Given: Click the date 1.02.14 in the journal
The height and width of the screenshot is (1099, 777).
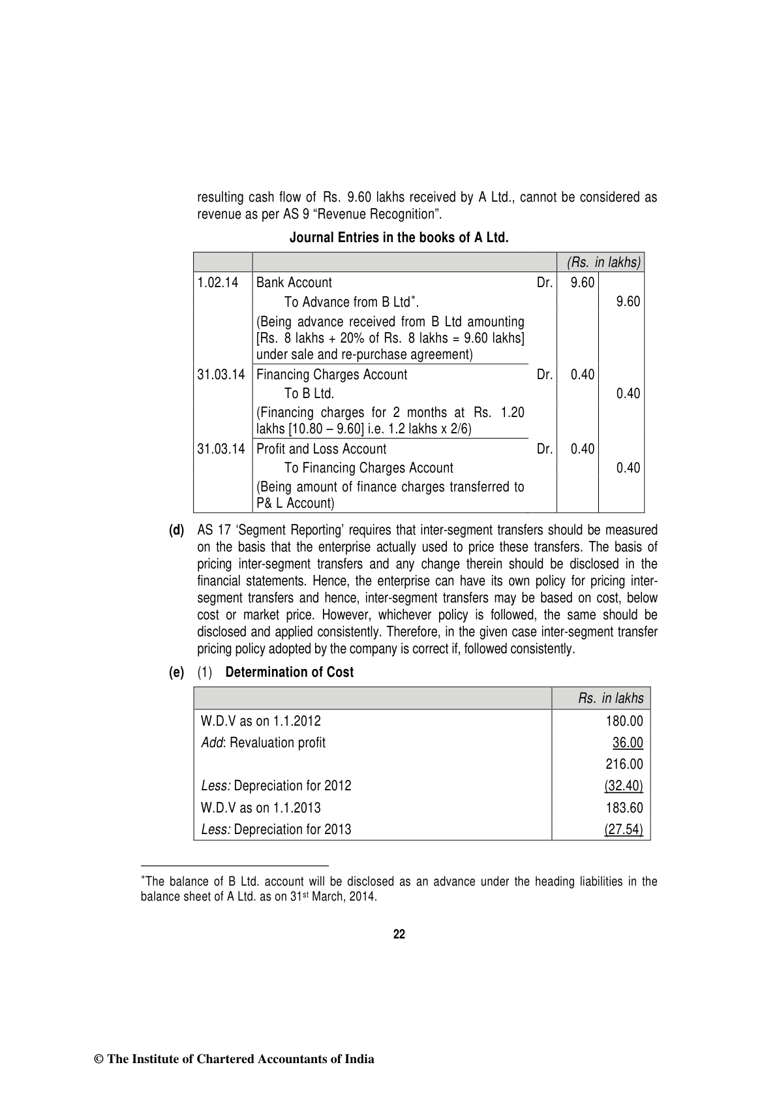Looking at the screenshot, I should tap(219, 283).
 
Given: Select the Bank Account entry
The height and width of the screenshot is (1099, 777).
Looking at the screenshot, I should tap(294, 283).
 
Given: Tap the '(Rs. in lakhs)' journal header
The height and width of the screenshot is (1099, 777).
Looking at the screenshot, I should tap(603, 262).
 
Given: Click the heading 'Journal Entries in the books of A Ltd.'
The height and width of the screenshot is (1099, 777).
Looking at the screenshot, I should tap(399, 238).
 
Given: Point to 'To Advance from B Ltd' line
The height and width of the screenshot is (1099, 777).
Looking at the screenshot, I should tap(351, 302).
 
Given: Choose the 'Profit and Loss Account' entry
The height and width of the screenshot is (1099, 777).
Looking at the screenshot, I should tap(321, 449).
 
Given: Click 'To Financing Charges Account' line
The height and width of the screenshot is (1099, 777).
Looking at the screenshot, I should tap(369, 468).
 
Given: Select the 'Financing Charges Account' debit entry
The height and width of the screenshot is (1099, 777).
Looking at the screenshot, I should tap(331, 375).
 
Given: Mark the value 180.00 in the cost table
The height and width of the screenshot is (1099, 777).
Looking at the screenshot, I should tap(624, 721).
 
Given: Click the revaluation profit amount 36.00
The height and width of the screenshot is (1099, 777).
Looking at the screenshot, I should tap(627, 743).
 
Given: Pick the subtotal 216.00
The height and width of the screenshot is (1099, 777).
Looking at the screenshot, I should tap(624, 764).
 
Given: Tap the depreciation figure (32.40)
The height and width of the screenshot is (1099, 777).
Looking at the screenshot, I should tap(624, 786).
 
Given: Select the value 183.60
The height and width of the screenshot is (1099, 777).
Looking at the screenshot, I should tap(624, 808).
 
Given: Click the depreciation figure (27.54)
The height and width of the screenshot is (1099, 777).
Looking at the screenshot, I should tap(624, 829).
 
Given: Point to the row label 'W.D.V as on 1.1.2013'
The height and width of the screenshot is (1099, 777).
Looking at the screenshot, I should tap(261, 808).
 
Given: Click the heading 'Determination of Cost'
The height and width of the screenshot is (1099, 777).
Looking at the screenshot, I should tap(289, 672).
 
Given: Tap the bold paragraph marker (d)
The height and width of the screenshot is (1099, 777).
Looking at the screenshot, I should tap(176, 530).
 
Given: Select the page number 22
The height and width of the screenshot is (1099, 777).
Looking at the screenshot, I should tap(399, 934).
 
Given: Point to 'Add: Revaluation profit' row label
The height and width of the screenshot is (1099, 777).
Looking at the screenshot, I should tap(264, 743).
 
